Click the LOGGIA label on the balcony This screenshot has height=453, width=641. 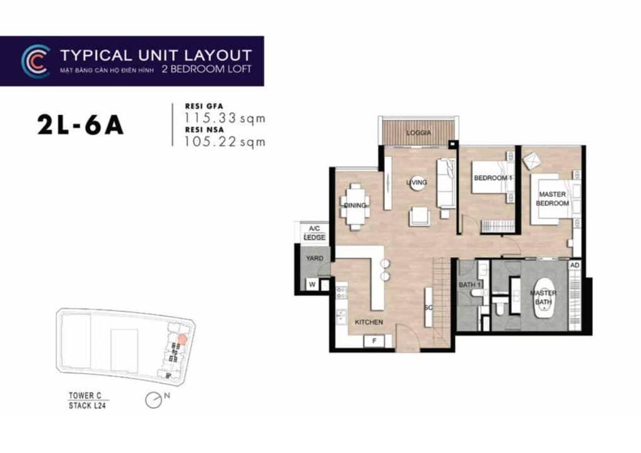click(418, 133)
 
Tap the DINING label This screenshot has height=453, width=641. click(354, 205)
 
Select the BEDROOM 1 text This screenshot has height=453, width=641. click(493, 178)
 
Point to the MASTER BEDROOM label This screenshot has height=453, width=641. click(553, 199)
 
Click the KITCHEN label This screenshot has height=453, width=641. click(369, 322)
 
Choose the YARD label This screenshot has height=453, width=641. click(314, 258)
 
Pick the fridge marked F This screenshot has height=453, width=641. click(375, 340)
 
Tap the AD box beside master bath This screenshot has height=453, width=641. click(576, 265)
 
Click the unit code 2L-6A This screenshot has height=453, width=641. click(80, 126)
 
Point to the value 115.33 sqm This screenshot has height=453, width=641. click(225, 118)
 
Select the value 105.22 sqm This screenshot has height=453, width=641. click(225, 141)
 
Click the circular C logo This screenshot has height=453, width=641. click(35, 61)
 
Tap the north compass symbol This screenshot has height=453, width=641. click(152, 400)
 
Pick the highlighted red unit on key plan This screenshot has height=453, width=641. click(182, 338)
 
